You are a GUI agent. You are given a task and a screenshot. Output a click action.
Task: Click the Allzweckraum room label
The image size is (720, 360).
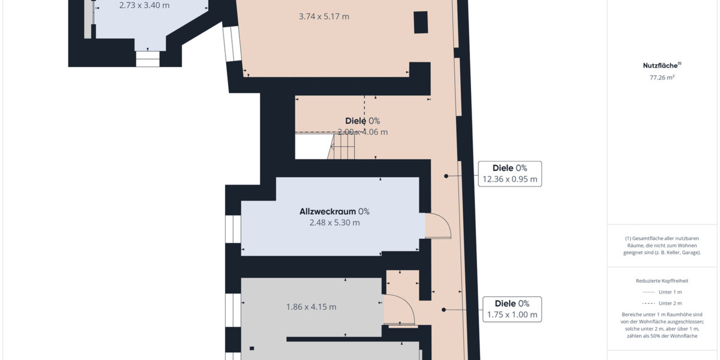pyautogui.click(x=328, y=211)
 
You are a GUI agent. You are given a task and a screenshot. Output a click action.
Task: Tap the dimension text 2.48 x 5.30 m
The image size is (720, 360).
pyautogui.click(x=335, y=223)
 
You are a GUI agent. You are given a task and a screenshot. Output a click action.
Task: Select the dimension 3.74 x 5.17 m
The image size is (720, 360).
pyautogui.click(x=324, y=17)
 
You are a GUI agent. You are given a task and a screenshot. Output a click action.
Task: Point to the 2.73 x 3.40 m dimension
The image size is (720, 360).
pyautogui.click(x=145, y=5)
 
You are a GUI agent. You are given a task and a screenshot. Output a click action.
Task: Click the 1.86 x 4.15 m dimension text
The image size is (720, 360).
pyautogui.click(x=311, y=307)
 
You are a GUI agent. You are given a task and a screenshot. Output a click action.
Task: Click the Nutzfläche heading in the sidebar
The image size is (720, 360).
pyautogui.click(x=660, y=66)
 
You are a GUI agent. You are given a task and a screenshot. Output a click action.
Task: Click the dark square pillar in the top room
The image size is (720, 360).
pyautogui.click(x=421, y=22)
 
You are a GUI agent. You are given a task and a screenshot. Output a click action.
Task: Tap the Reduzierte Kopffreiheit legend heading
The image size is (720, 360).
pyautogui.click(x=662, y=280)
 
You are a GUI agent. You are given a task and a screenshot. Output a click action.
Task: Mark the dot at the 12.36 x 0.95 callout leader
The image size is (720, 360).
pyautogui.click(x=446, y=176)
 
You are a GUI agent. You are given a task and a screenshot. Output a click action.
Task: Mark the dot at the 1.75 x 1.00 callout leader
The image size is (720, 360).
pyautogui.click(x=444, y=310)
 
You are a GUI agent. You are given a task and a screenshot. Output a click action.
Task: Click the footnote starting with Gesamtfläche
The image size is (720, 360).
pyautogui.click(x=662, y=245)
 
